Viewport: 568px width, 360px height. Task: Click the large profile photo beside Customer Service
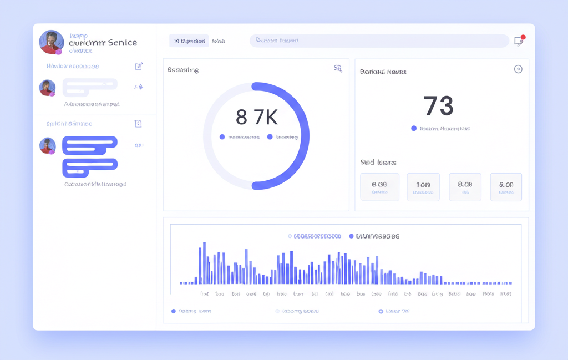click(51, 42)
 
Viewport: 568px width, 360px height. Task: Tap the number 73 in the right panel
click(438, 105)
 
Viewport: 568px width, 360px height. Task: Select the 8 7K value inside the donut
click(256, 117)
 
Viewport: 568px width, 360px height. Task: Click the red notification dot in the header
click(523, 37)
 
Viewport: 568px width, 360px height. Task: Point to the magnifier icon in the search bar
click(258, 40)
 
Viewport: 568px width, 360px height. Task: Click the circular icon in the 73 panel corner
click(518, 69)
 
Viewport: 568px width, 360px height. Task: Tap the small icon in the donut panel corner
click(338, 69)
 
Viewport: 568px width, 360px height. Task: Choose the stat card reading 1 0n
click(423, 187)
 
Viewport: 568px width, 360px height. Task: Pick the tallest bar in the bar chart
click(204, 263)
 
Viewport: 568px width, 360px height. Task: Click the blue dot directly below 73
click(414, 128)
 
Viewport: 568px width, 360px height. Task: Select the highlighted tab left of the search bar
click(189, 40)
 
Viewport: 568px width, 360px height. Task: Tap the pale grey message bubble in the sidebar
click(90, 88)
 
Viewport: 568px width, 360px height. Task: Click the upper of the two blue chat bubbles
click(89, 146)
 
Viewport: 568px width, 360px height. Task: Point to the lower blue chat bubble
click(90, 167)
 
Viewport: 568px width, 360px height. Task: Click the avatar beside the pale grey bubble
click(47, 88)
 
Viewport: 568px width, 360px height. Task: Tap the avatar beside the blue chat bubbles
click(48, 145)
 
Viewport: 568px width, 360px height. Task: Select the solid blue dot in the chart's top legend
click(351, 236)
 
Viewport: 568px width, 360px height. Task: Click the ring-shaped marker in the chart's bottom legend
click(381, 311)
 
